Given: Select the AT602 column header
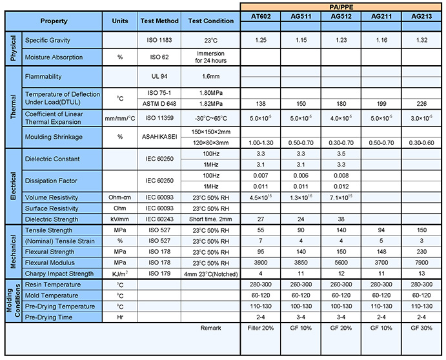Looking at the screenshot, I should [x=261, y=17].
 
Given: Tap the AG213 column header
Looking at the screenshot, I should [x=421, y=17].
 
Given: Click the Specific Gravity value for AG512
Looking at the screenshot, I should [x=340, y=41].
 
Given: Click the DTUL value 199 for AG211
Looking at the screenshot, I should [x=381, y=104].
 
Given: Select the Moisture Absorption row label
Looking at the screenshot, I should [x=54, y=57].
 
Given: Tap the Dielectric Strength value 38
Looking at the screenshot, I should [x=340, y=219].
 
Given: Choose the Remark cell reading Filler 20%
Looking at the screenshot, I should [x=261, y=328].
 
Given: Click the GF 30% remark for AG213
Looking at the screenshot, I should [x=421, y=328].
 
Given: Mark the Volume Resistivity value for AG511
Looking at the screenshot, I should [x=301, y=197].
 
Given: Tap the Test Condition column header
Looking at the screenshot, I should [x=211, y=21].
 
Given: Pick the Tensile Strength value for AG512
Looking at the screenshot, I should [x=340, y=230].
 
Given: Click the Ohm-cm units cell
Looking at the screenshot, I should [x=119, y=197].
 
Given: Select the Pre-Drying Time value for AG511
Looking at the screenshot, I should [x=301, y=316].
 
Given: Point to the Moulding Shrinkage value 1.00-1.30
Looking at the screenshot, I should [x=261, y=142].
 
